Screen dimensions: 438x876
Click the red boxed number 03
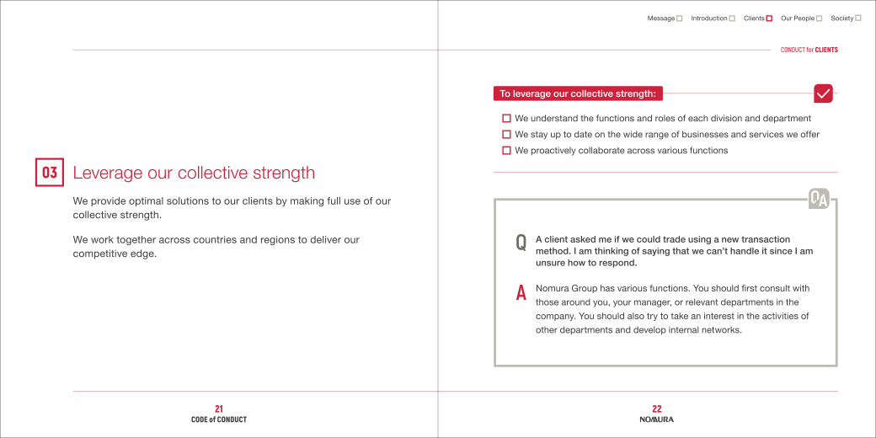coord(50,172)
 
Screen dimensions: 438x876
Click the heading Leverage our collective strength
coord(194,173)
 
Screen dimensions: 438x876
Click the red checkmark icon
coord(823,93)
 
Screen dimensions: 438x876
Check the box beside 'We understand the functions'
coord(506,119)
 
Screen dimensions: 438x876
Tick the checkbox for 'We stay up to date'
coord(506,135)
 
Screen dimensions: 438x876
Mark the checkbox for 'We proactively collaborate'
coord(506,151)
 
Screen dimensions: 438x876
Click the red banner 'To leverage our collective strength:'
coord(578,93)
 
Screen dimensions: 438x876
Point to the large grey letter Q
coord(521,243)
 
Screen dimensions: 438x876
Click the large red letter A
coord(521,293)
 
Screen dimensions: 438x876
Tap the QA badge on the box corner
coord(819,199)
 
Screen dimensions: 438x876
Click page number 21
coord(219,409)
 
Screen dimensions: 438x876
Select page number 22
coord(657,409)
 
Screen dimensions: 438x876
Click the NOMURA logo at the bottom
coord(657,419)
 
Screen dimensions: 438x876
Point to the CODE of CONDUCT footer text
coord(219,419)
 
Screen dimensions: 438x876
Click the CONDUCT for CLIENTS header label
coord(809,50)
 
